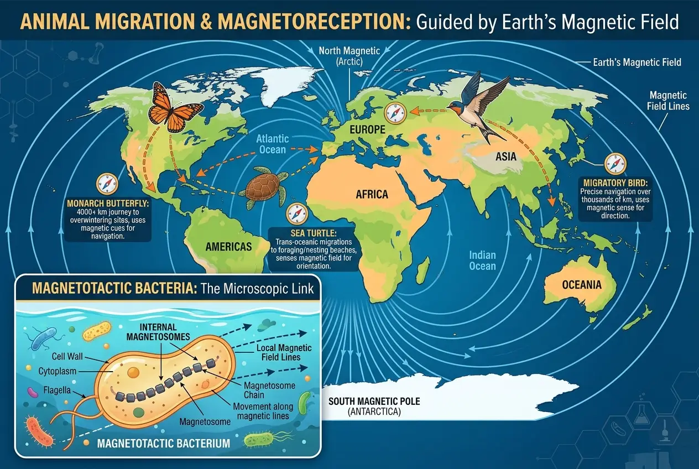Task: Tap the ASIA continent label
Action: pyautogui.click(x=505, y=157)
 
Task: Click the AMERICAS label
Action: pyautogui.click(x=228, y=247)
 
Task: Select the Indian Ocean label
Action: pyautogui.click(x=482, y=260)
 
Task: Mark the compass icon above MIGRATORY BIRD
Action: pyautogui.click(x=615, y=163)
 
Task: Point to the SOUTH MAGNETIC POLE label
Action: pyautogui.click(x=374, y=401)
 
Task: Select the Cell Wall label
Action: pyautogui.click(x=68, y=356)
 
